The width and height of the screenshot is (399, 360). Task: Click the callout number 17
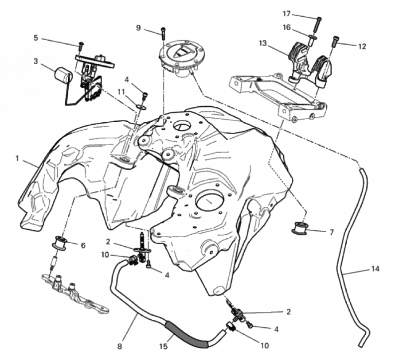click(286, 14)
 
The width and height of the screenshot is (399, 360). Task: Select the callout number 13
click(262, 43)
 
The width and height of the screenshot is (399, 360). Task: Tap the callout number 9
click(138, 28)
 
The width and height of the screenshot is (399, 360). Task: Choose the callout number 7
click(331, 232)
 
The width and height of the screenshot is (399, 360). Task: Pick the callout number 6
click(83, 245)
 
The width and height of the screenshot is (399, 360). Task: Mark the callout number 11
click(121, 91)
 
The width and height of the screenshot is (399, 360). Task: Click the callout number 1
click(17, 159)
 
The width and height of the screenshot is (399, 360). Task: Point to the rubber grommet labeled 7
click(299, 228)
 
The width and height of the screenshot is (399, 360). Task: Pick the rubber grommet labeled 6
click(59, 243)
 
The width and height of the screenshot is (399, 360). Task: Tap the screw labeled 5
click(81, 46)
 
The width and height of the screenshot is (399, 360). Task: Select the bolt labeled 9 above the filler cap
click(163, 34)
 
